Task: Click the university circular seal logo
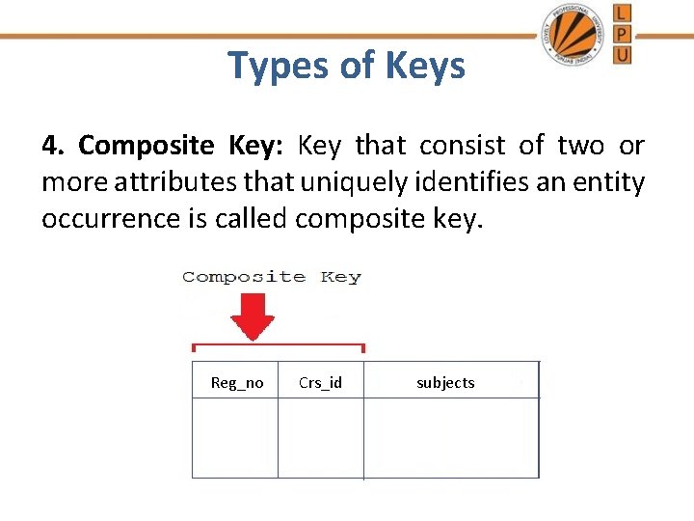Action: pos(574,34)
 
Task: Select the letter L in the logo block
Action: pos(623,13)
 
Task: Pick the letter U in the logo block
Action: pos(623,55)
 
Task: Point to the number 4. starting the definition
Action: pos(53,146)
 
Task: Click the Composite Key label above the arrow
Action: pos(271,277)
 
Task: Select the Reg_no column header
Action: pos(237,383)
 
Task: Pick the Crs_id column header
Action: pos(320,383)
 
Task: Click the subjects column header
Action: pos(445,383)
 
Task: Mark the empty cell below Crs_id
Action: pos(320,438)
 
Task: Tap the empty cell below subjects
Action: pos(451,438)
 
